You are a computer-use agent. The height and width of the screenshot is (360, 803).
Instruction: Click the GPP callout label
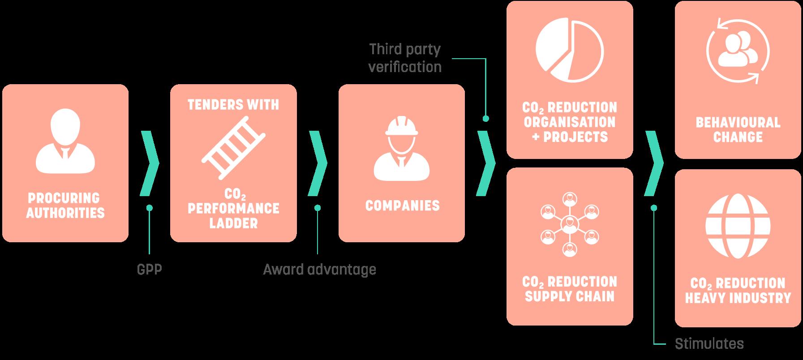click(149, 270)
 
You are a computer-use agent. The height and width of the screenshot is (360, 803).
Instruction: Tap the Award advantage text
click(319, 270)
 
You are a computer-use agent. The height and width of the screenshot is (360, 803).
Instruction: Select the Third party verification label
click(405, 58)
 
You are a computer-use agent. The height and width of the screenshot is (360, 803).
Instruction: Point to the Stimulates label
click(709, 344)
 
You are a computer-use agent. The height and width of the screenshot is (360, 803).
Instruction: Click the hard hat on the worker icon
click(401, 127)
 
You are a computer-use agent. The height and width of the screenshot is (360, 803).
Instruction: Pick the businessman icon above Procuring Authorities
click(65, 141)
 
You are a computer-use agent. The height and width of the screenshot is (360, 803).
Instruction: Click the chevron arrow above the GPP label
click(149, 163)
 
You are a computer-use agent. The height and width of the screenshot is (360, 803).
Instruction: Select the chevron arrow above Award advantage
click(317, 163)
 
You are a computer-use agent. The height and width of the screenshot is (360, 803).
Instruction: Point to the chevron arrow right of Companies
click(485, 163)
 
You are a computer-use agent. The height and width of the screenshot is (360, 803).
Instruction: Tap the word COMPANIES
click(402, 206)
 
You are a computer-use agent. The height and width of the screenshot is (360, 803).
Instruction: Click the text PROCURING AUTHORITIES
click(65, 206)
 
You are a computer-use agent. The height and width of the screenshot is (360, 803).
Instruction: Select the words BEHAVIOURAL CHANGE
click(738, 129)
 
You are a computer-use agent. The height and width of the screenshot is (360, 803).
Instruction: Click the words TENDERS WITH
click(233, 105)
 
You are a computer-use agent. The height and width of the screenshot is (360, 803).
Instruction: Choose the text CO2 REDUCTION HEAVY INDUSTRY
click(738, 291)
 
